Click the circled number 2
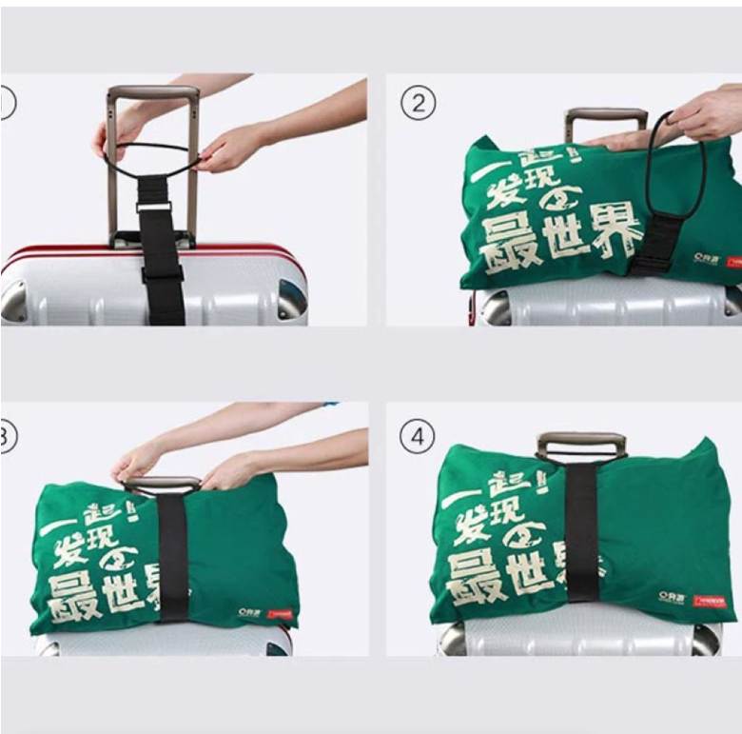[418, 103]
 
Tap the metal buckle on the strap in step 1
[154, 206]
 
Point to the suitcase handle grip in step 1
[152, 94]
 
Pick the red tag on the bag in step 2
[732, 259]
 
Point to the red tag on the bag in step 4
[709, 601]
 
